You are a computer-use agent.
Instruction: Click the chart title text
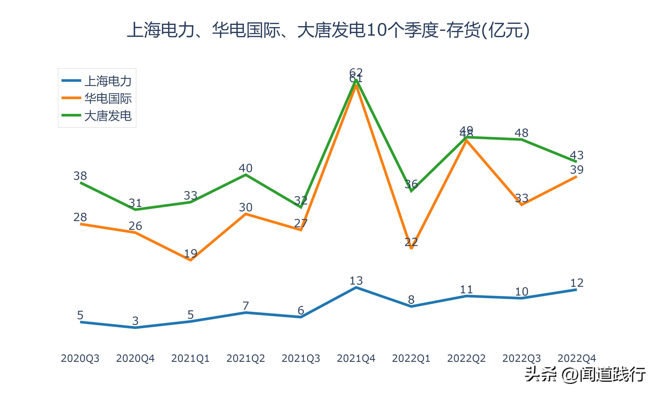(x=328, y=30)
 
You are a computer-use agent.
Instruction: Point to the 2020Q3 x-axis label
(x=80, y=358)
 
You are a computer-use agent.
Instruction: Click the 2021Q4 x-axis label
(x=356, y=358)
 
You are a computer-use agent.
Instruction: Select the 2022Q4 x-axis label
(x=577, y=358)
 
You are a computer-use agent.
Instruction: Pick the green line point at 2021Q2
(x=246, y=174)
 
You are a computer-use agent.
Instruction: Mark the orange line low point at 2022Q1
(x=411, y=248)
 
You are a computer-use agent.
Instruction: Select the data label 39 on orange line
(x=577, y=170)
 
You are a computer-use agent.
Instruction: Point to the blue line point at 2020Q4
(x=135, y=328)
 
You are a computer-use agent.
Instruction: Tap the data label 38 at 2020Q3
(x=80, y=176)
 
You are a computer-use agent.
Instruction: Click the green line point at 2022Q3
(x=521, y=139)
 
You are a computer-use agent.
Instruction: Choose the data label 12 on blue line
(x=577, y=283)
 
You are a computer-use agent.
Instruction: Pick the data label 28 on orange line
(x=80, y=217)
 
